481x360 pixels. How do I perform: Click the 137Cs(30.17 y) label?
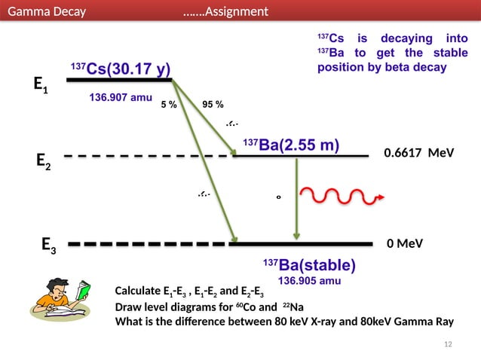tap(120, 70)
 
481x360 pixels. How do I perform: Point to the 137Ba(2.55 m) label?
tap(290, 145)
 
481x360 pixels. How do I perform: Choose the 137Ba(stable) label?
tap(308, 265)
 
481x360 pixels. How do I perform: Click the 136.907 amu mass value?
tap(121, 98)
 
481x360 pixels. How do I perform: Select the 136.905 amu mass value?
tap(309, 281)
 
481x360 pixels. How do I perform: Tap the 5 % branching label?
tap(169, 105)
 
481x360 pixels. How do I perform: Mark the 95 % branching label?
tap(213, 105)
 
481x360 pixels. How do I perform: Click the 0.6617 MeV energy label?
tap(418, 153)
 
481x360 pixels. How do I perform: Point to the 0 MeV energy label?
tap(404, 244)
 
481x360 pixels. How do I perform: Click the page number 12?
tap(449, 344)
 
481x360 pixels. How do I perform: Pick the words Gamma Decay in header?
tap(46, 11)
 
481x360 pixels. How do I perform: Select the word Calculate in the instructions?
tap(138, 291)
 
